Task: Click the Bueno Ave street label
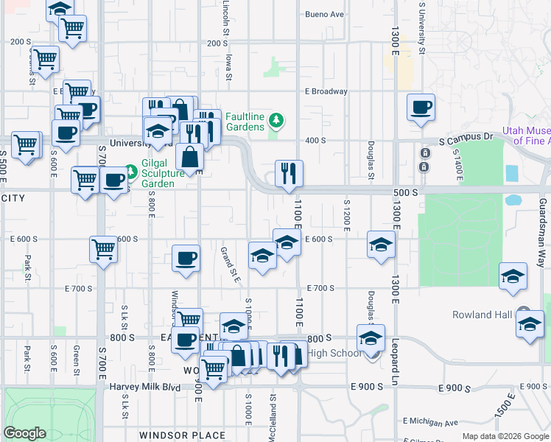tap(325, 14)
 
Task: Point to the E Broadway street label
tap(326, 91)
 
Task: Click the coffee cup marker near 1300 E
tap(421, 108)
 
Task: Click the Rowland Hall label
tap(482, 315)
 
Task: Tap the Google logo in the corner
tap(25, 433)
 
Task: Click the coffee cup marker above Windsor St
tap(186, 259)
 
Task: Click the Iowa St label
tap(229, 65)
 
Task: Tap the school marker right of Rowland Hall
tap(530, 324)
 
